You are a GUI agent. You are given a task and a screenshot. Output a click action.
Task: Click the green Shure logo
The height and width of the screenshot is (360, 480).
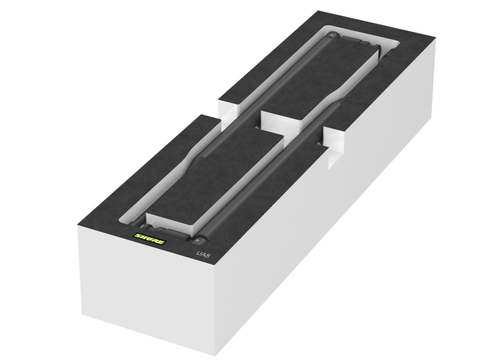[149, 239]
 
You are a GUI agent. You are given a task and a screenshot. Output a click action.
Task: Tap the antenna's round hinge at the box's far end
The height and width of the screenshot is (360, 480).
[332, 36]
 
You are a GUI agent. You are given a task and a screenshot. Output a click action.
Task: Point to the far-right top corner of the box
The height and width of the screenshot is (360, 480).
[437, 37]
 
